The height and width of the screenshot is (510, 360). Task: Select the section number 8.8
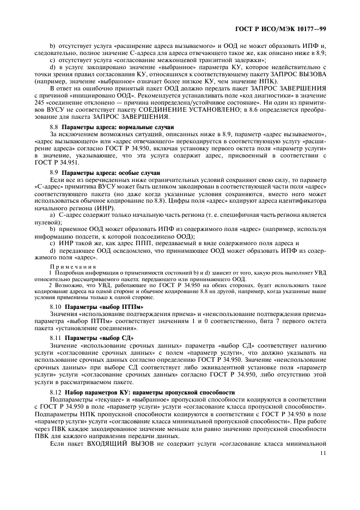53,127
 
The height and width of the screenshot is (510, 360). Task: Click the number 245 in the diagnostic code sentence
39,104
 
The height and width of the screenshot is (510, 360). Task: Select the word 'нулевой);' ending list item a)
45,222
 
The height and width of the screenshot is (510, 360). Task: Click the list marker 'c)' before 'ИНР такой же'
52,244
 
